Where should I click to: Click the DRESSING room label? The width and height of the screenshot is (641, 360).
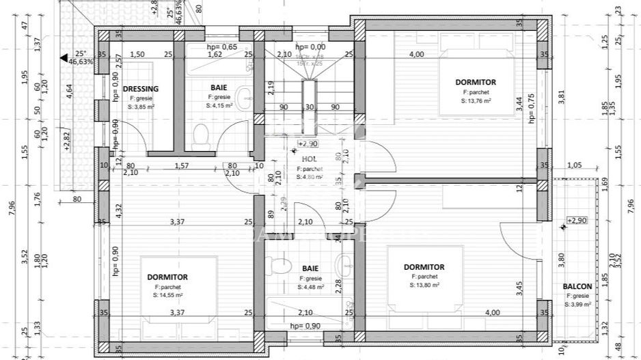click(x=140, y=89)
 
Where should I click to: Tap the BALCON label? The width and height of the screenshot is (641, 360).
click(x=577, y=286)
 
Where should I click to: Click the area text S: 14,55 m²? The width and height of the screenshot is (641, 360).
click(x=167, y=296)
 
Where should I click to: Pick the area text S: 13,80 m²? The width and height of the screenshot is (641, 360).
click(x=424, y=285)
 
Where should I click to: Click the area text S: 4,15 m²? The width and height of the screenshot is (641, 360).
click(x=219, y=106)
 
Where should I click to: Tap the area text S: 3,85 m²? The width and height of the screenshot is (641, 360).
click(x=140, y=106)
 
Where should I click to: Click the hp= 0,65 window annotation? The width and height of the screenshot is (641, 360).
click(x=222, y=47)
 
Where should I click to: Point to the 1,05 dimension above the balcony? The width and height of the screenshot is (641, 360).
click(x=574, y=165)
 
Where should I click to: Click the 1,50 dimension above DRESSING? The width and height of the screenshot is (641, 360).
click(x=137, y=55)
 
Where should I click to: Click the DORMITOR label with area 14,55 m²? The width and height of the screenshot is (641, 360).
click(x=167, y=277)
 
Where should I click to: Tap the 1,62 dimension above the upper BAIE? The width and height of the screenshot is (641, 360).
click(x=215, y=55)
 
